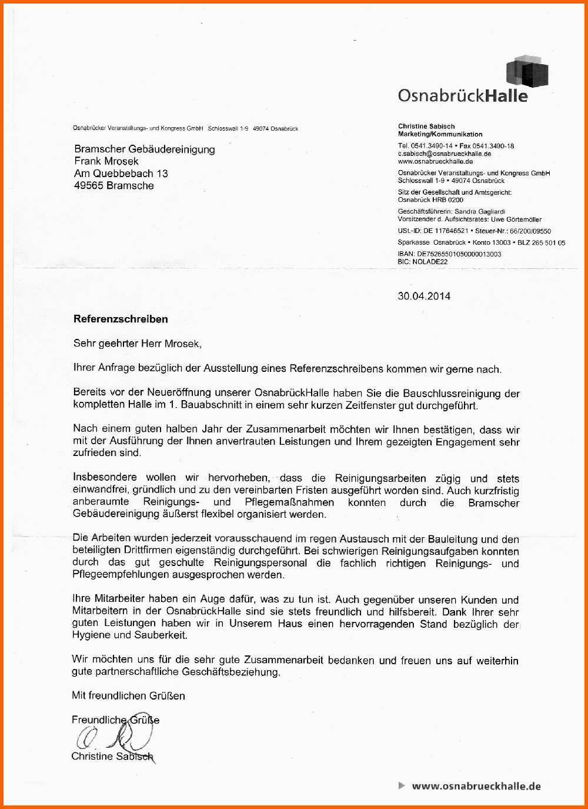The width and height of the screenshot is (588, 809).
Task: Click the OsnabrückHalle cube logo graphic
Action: tap(527, 72)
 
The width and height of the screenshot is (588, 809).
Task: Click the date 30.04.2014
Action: tap(424, 296)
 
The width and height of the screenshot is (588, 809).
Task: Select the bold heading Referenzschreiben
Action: tap(121, 319)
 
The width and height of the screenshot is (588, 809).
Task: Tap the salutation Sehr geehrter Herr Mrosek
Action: tap(137, 344)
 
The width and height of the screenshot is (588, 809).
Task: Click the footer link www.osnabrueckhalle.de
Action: tap(476, 785)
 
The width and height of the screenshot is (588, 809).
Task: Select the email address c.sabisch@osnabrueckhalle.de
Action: tap(444, 154)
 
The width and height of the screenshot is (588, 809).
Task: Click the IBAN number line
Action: tap(449, 254)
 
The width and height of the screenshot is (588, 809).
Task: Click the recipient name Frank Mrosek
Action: tap(106, 161)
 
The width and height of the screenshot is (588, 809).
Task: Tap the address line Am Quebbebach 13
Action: tap(121, 174)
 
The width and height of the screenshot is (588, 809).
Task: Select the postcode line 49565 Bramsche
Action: tap(113, 186)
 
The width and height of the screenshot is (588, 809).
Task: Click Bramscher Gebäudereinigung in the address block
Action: tap(144, 149)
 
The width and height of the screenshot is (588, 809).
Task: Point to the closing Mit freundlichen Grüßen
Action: tap(128, 695)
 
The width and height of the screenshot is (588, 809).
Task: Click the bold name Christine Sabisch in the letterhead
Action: tap(426, 126)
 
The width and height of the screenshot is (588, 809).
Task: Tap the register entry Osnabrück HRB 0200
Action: tap(430, 200)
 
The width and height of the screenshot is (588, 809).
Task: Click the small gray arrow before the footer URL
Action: tap(402, 785)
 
